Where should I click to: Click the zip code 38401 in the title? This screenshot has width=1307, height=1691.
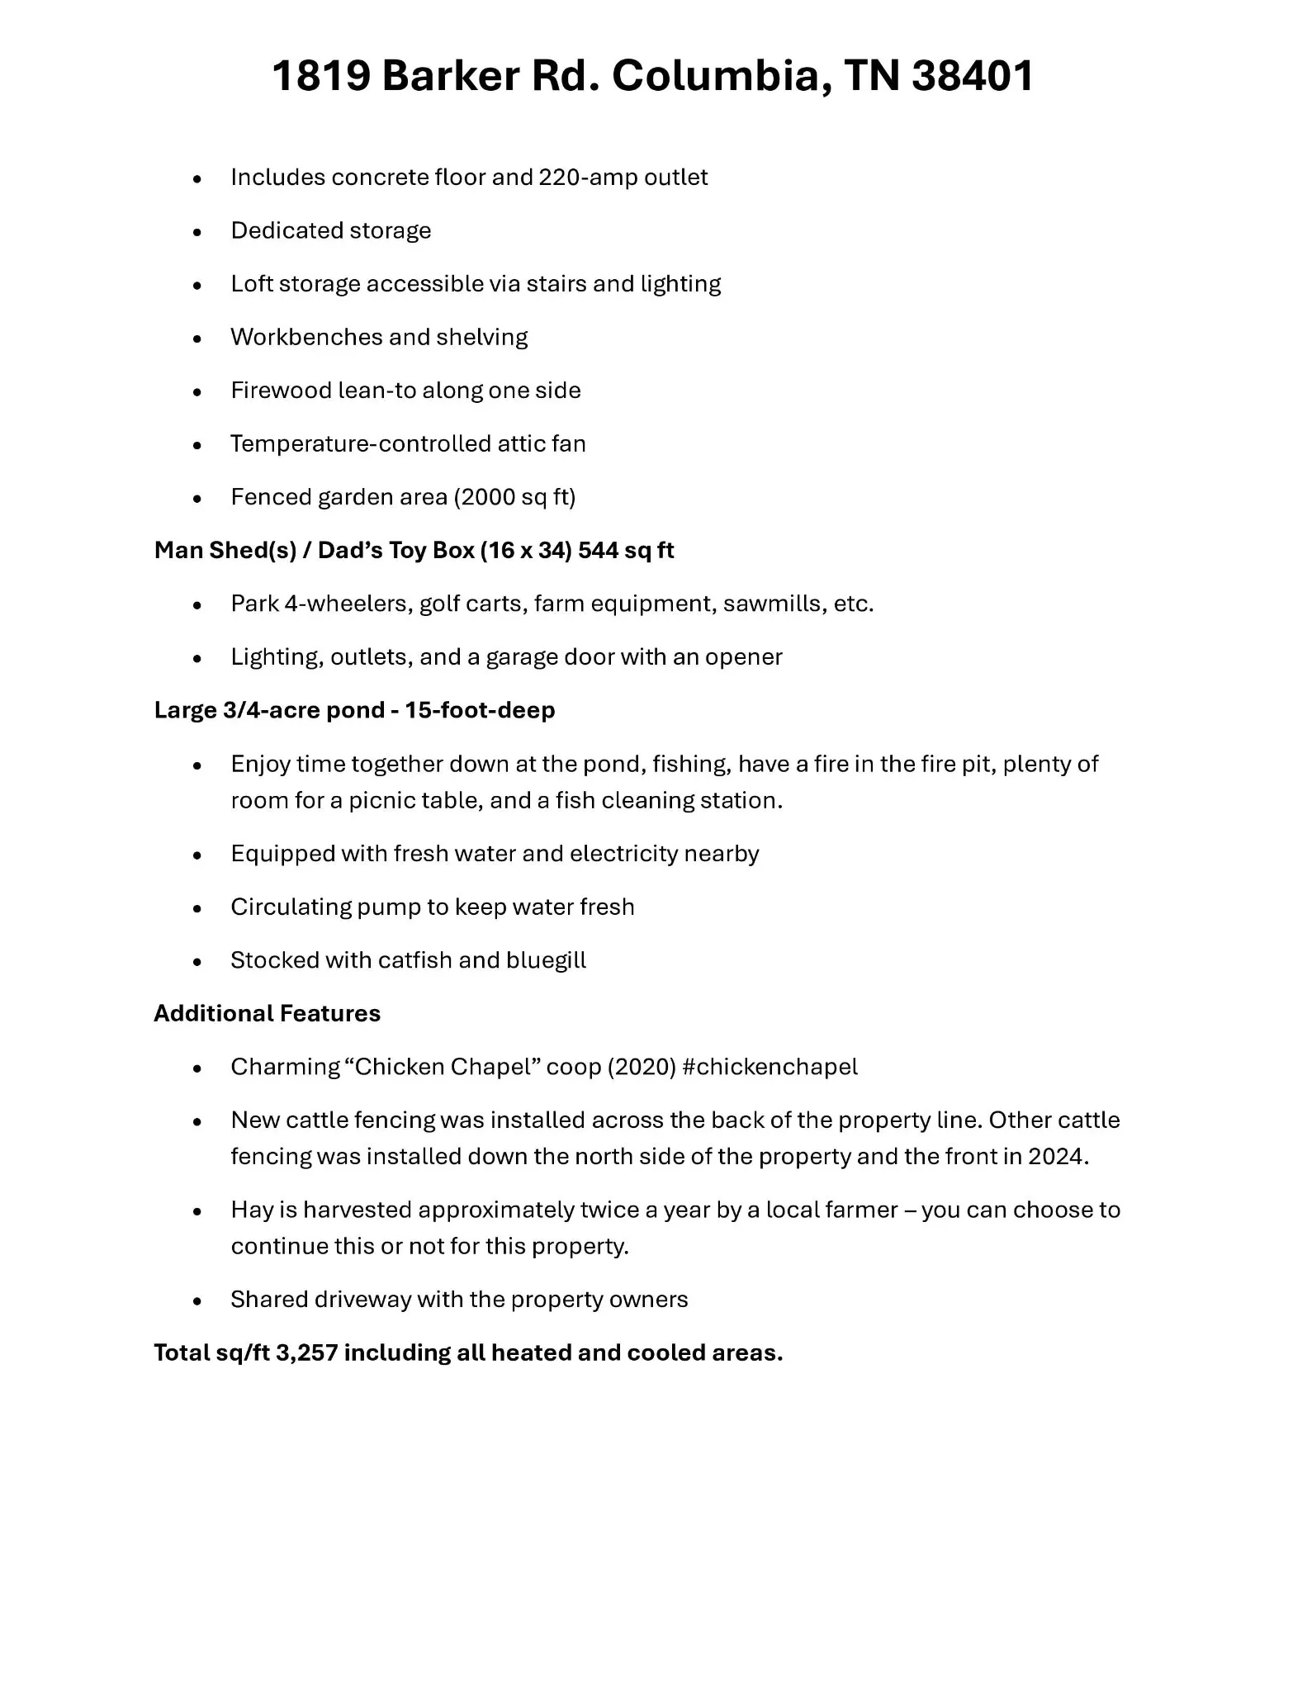(x=973, y=76)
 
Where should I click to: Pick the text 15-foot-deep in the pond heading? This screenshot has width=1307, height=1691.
(x=480, y=711)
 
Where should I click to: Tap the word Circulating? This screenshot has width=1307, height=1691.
(x=291, y=907)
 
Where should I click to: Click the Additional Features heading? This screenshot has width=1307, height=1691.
(x=267, y=1014)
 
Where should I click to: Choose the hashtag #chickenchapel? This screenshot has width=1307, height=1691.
(x=770, y=1068)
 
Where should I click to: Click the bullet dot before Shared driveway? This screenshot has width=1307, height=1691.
(x=197, y=1301)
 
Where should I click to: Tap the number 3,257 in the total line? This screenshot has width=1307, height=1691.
(x=306, y=1353)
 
